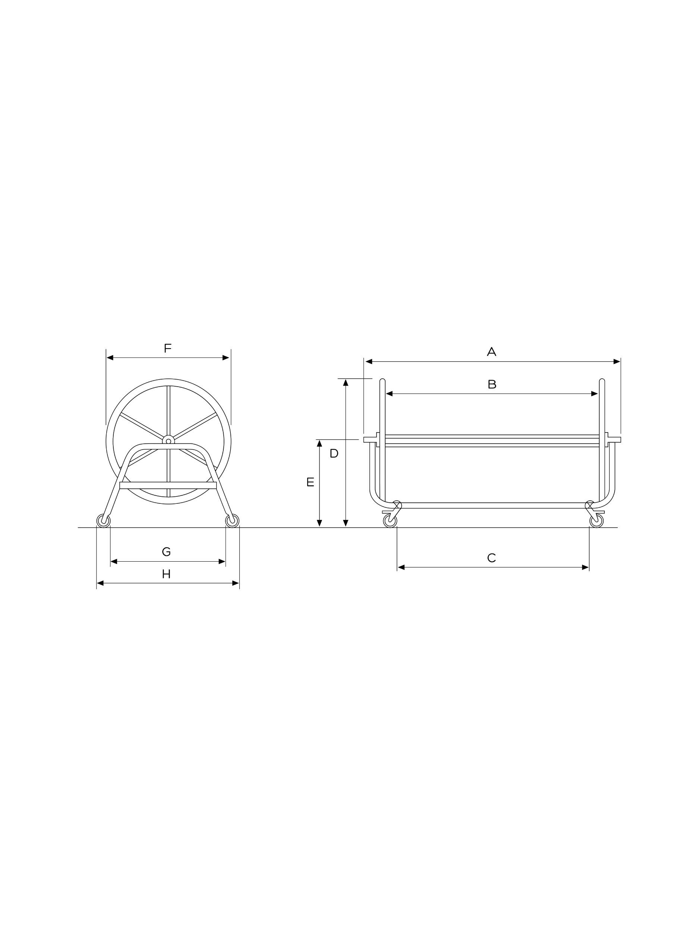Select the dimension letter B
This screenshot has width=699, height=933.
492,384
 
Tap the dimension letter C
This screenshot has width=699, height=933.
491,558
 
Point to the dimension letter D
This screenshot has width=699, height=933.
334,453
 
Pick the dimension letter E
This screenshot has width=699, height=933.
311,482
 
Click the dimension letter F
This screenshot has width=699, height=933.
167,349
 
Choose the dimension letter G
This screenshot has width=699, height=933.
166,552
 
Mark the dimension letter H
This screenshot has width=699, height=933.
166,574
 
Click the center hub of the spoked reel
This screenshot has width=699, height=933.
169,441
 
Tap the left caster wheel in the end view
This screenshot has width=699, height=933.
104,521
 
